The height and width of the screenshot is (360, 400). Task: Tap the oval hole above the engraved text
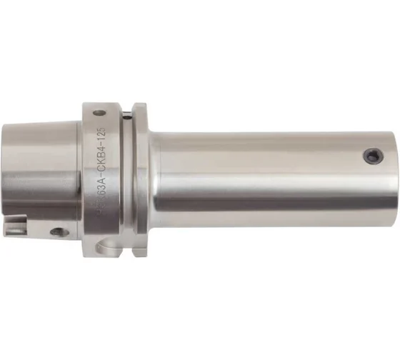pos(99,113)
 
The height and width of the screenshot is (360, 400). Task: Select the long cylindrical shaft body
pos(271,171)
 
